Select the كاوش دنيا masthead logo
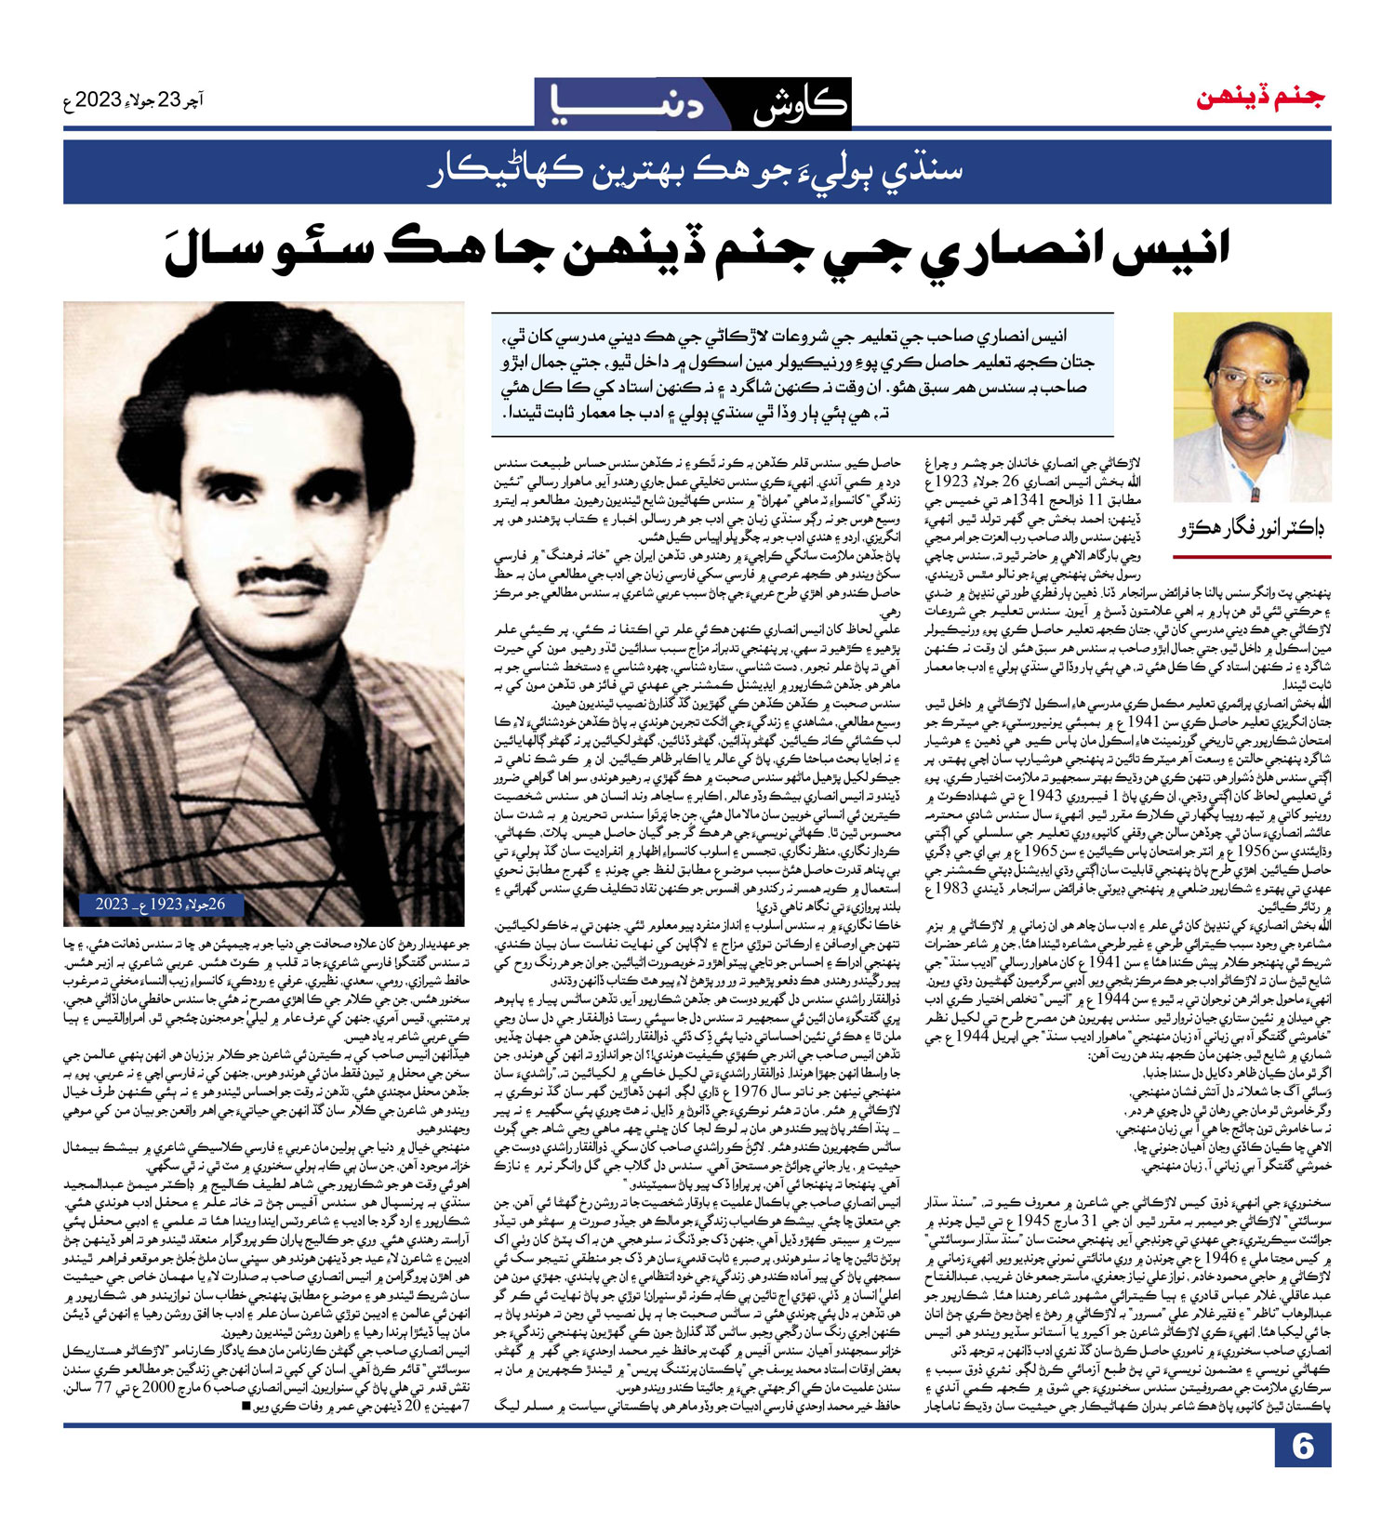[x=693, y=104]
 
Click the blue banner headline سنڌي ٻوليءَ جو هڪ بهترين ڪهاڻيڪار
[x=696, y=172]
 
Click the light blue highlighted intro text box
[x=802, y=374]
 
